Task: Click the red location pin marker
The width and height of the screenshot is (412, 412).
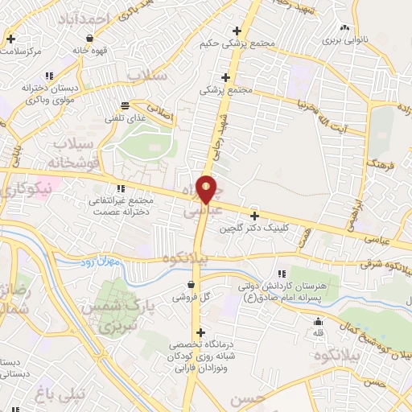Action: click(207, 188)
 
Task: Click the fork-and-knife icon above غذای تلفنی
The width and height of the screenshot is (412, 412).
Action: click(125, 105)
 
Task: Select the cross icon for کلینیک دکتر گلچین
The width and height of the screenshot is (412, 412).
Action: click(254, 216)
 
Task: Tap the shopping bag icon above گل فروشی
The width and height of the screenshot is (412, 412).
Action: click(191, 284)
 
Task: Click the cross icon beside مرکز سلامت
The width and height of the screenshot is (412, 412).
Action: click(10, 38)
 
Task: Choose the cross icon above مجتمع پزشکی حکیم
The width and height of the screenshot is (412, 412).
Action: click(236, 31)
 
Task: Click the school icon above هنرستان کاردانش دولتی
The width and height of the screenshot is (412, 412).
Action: click(280, 274)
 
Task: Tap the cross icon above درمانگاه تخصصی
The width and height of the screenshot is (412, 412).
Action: click(200, 332)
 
